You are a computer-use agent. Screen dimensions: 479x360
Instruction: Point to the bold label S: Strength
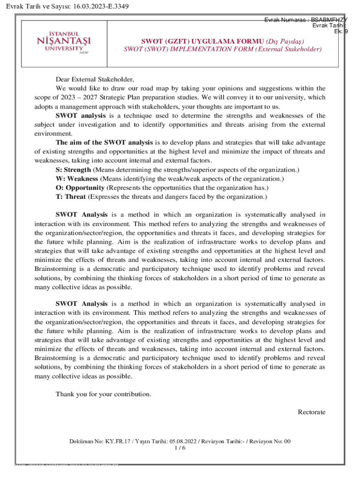pyautogui.click(x=73, y=169)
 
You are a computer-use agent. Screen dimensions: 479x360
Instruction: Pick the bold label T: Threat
pyautogui.click(x=71, y=197)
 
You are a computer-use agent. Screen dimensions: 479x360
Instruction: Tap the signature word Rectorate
pyautogui.click(x=311, y=412)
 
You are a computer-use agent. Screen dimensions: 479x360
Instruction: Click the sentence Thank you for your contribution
pyautogui.click(x=103, y=394)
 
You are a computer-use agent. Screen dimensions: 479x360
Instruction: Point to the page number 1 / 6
pyautogui.click(x=180, y=448)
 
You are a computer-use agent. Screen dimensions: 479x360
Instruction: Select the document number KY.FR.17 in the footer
pyautogui.click(x=113, y=441)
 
